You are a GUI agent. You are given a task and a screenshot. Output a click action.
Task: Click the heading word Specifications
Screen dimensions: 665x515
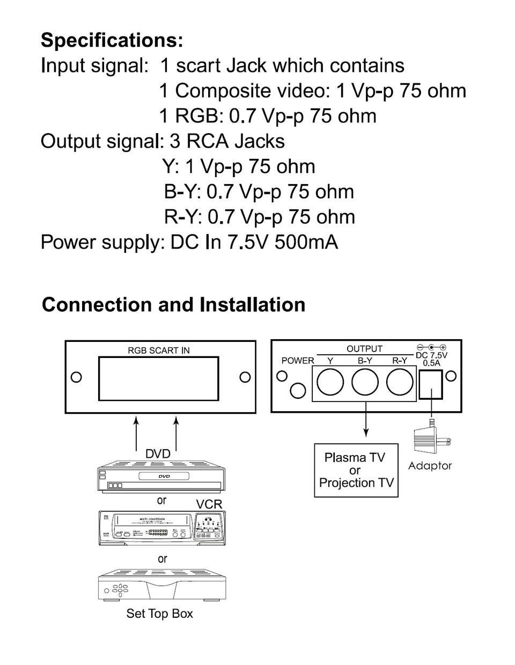coord(112,40)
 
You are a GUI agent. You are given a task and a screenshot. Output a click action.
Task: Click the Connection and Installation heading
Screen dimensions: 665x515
coord(173,304)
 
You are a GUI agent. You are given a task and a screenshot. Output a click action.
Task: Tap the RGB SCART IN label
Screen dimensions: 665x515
coord(158,350)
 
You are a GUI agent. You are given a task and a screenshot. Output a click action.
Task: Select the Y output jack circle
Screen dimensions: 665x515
coord(330,383)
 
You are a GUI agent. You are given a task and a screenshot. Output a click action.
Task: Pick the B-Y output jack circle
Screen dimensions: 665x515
coord(365,383)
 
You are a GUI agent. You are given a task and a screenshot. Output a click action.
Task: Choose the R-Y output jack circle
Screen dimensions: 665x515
coord(400,383)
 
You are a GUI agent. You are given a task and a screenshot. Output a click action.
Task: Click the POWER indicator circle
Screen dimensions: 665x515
coord(297,391)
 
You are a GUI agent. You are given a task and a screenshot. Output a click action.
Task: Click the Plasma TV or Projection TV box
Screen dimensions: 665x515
coord(356,470)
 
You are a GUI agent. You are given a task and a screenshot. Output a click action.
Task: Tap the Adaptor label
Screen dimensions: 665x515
coord(430,466)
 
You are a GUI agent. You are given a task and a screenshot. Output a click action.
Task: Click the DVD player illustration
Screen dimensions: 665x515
coord(161,477)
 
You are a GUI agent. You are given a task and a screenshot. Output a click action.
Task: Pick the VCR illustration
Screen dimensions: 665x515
coord(161,528)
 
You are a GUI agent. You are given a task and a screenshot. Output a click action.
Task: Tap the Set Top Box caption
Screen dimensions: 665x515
coord(159,613)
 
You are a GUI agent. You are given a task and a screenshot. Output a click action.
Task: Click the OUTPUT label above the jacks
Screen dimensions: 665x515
coord(364,349)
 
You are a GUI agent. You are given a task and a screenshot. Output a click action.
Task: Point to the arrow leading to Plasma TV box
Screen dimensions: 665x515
coord(366,419)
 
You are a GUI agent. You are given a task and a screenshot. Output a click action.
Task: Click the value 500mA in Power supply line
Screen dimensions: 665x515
coord(306,242)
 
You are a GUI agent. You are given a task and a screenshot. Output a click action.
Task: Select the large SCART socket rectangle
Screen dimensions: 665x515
coord(158,378)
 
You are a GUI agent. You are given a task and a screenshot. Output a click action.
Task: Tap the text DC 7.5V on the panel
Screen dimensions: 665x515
coord(431,355)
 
